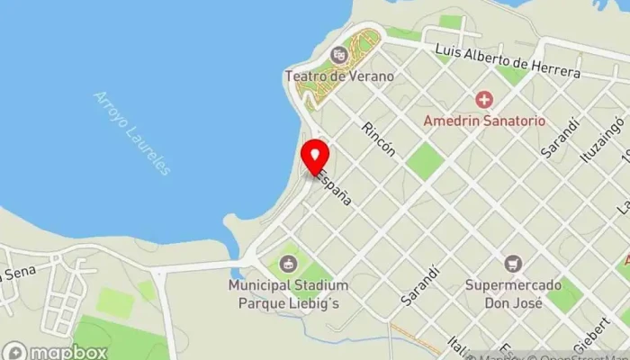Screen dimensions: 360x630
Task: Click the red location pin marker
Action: [314, 157]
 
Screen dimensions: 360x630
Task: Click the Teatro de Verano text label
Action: [339, 76]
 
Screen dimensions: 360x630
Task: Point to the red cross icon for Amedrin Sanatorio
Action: [485, 99]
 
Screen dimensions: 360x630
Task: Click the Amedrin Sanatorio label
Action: [485, 120]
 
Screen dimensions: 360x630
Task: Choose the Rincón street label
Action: [377, 139]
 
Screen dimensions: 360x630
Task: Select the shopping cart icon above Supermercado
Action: [513, 265]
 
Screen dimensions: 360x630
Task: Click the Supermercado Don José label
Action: [513, 293]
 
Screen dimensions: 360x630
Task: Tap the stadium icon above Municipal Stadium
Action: [288, 264]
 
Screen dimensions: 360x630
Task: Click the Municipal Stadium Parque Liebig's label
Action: [288, 293]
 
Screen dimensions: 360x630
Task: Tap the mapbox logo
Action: [55, 351]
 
